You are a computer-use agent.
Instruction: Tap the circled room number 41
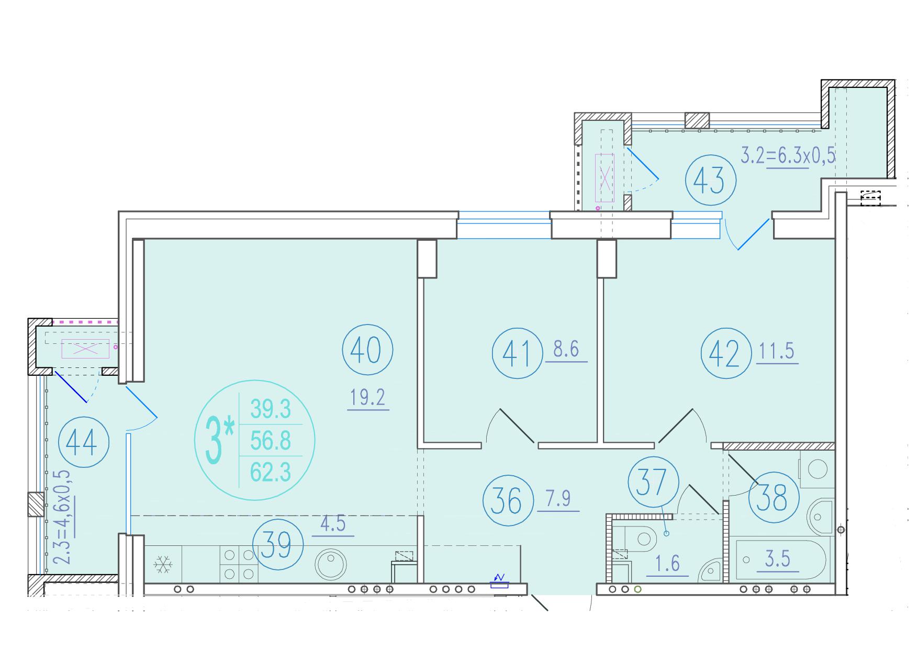pos(517,353)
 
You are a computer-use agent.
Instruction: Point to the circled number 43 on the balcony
pos(711,180)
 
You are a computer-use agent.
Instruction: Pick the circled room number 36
pos(508,501)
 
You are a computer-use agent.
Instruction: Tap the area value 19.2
pos(368,398)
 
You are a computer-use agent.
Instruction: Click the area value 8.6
pos(567,350)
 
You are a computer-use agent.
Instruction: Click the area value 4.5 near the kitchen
pos(333,524)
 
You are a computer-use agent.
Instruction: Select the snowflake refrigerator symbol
pos(163,564)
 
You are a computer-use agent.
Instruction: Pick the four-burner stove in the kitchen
pos(239,564)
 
